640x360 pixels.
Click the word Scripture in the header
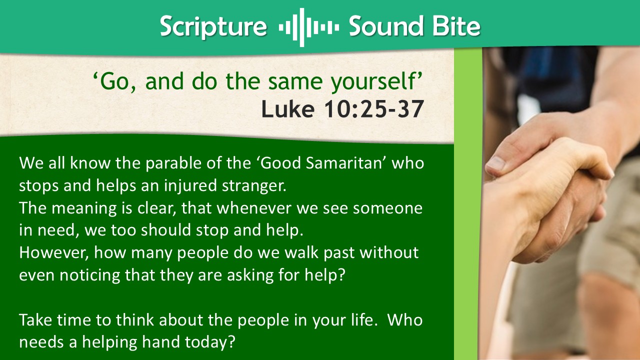click(x=213, y=27)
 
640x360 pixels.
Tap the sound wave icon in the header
click(x=309, y=27)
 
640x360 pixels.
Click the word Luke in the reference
click(x=288, y=109)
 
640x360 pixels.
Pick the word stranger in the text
click(x=254, y=186)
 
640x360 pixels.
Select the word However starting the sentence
click(x=53, y=253)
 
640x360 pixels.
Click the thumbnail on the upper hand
click(x=496, y=163)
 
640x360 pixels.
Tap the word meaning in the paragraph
click(x=84, y=208)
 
